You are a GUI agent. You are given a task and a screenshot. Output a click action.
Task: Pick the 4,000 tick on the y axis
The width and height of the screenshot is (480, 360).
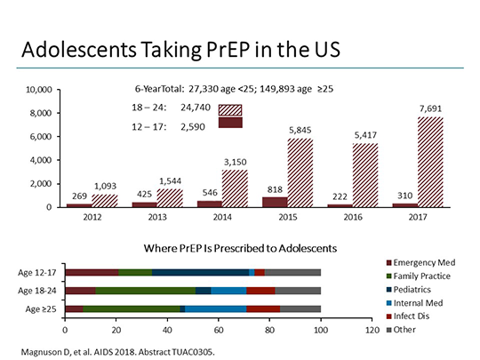pyautogui.click(x=44, y=160)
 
